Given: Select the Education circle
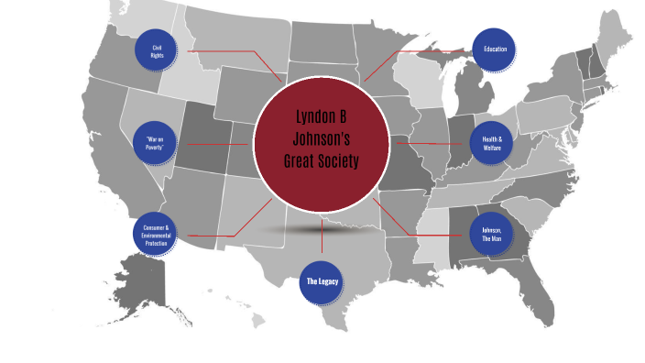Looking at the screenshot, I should pos(495,49).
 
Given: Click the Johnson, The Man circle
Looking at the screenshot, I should pos(492,234).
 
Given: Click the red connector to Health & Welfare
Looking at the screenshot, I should pos(431,144).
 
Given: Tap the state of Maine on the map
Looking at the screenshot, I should pos(612,41).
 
